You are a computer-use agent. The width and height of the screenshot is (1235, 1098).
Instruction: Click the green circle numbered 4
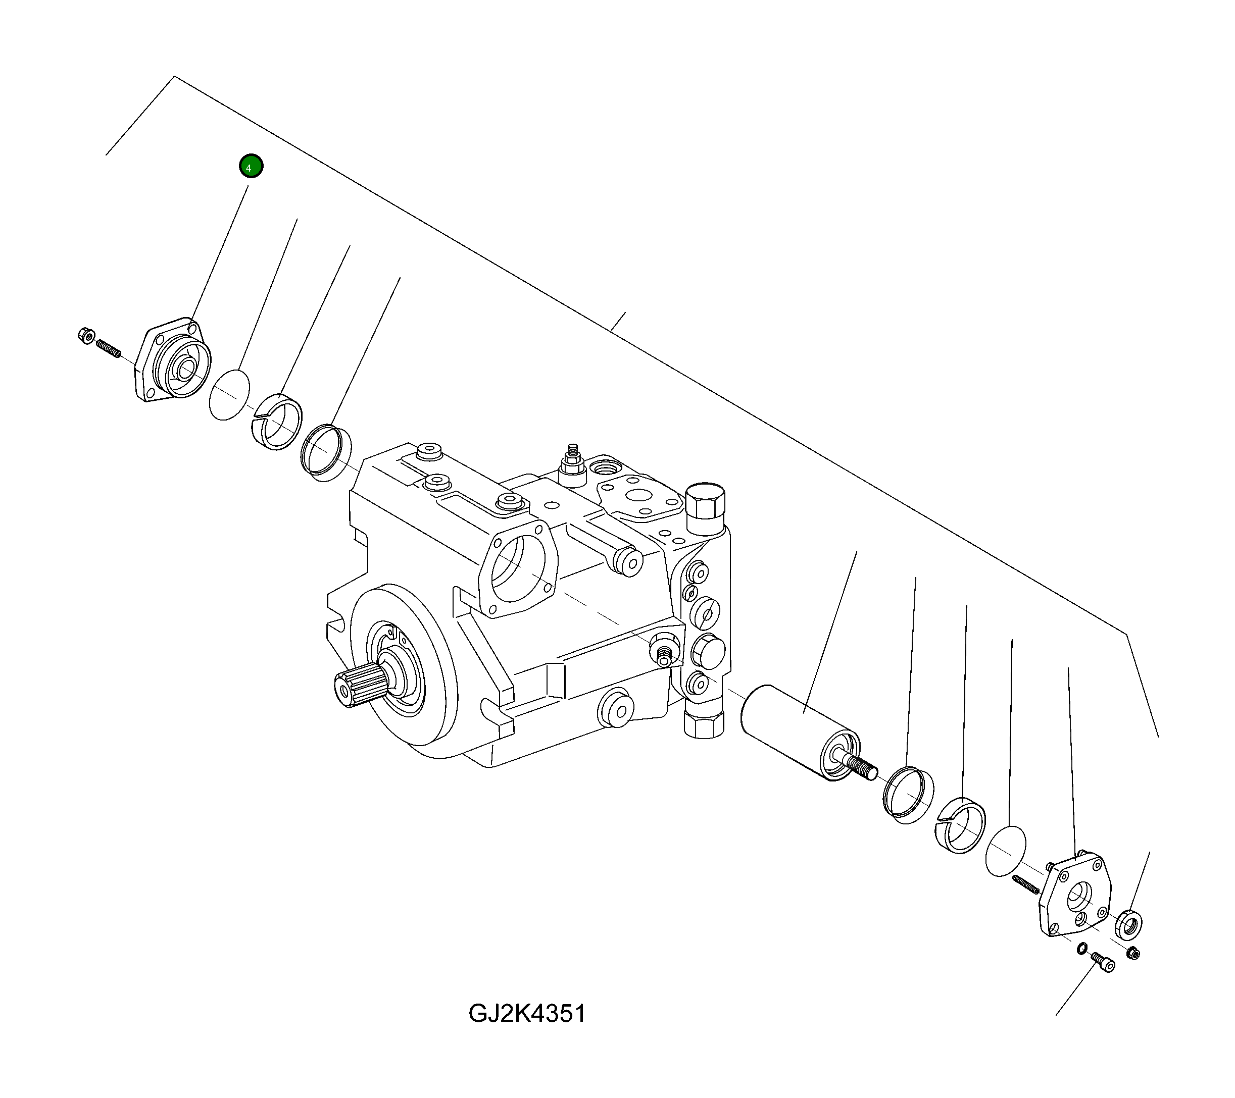click(x=251, y=166)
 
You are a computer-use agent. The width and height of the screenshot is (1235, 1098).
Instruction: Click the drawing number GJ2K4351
click(x=527, y=1014)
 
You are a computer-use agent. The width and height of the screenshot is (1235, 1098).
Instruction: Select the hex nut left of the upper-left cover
click(x=86, y=336)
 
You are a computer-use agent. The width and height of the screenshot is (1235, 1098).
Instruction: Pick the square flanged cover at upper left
click(x=172, y=361)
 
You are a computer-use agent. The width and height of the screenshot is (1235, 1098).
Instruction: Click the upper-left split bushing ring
click(x=277, y=421)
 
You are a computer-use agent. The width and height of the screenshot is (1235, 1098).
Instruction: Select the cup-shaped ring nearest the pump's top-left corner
click(x=326, y=452)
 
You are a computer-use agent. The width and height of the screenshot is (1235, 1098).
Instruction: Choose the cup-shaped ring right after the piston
click(x=908, y=795)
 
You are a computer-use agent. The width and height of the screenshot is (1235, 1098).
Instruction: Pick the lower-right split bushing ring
click(x=960, y=825)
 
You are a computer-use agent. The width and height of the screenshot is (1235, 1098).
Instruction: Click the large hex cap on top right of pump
click(x=706, y=501)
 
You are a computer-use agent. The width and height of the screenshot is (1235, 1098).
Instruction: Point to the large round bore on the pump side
click(x=517, y=569)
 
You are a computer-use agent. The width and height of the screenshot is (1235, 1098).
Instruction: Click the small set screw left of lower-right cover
click(x=1025, y=885)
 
